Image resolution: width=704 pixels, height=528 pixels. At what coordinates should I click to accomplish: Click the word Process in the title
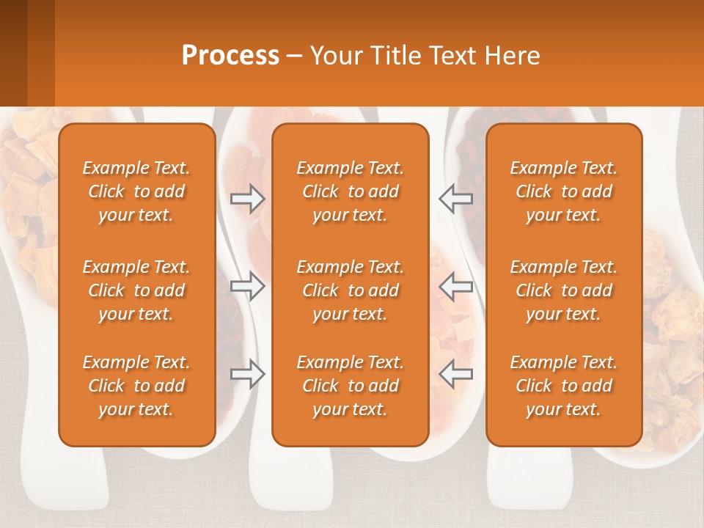pyautogui.click(x=230, y=56)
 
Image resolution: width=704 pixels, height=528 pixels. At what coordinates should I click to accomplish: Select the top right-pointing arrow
pyautogui.click(x=248, y=199)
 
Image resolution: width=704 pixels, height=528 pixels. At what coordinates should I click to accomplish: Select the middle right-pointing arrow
pyautogui.click(x=248, y=287)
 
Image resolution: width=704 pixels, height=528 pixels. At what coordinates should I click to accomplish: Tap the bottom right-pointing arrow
pyautogui.click(x=248, y=374)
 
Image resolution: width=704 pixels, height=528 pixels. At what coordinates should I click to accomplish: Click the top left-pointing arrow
pyautogui.click(x=455, y=199)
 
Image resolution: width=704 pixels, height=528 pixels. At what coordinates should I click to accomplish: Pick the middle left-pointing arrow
pyautogui.click(x=455, y=287)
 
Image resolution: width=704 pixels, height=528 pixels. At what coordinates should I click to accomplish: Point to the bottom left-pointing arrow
pyautogui.click(x=455, y=374)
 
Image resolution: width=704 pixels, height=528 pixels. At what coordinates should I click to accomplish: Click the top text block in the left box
pyautogui.click(x=136, y=191)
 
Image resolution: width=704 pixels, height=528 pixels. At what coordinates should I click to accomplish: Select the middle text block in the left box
pyautogui.click(x=136, y=290)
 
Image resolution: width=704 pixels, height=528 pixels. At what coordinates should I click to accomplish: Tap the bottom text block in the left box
pyautogui.click(x=136, y=386)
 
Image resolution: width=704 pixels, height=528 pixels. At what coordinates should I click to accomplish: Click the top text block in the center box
pyautogui.click(x=350, y=191)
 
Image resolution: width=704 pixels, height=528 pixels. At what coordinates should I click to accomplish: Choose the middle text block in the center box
pyautogui.click(x=350, y=290)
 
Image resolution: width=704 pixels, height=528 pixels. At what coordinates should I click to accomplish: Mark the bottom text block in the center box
pyautogui.click(x=350, y=386)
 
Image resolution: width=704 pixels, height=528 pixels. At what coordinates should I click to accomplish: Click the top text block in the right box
pyautogui.click(x=563, y=191)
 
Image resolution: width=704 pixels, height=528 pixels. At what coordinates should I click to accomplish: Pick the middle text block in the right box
pyautogui.click(x=563, y=290)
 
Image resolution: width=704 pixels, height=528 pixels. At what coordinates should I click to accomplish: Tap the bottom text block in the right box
pyautogui.click(x=563, y=386)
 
